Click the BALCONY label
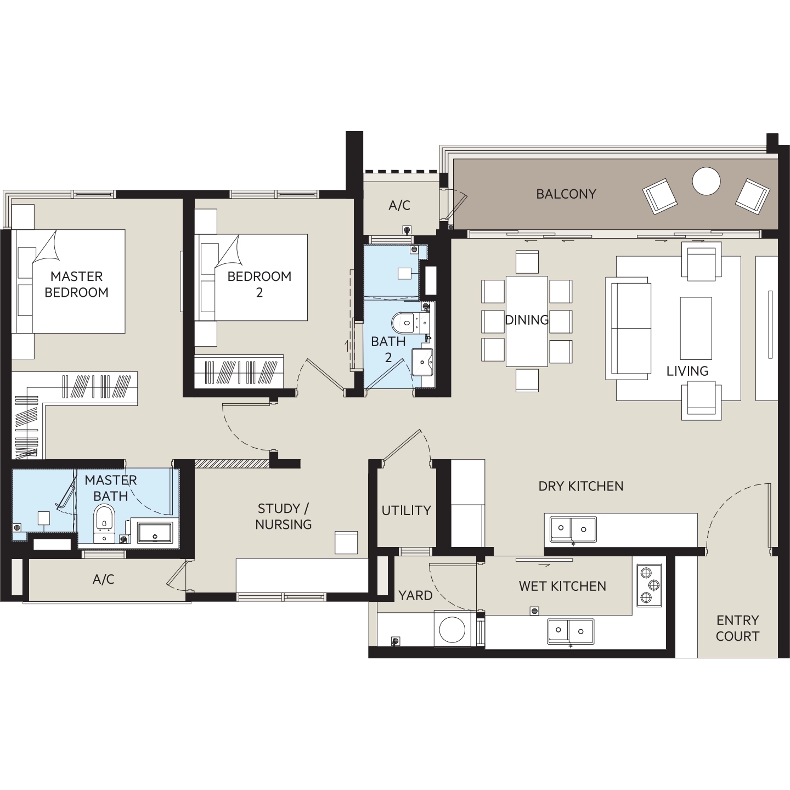(566, 194)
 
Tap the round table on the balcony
(707, 181)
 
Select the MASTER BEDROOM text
(77, 284)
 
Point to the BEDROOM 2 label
(259, 284)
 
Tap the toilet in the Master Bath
(104, 518)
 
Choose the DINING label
(527, 320)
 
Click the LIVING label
(687, 371)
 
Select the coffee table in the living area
(696, 329)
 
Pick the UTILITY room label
(407, 510)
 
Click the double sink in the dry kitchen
(573, 529)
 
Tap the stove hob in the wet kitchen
(650, 585)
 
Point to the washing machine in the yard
(452, 630)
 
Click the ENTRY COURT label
(737, 628)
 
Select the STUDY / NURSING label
(283, 517)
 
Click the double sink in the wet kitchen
(571, 631)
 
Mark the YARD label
(416, 595)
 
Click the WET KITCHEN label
(562, 586)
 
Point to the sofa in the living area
(628, 329)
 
